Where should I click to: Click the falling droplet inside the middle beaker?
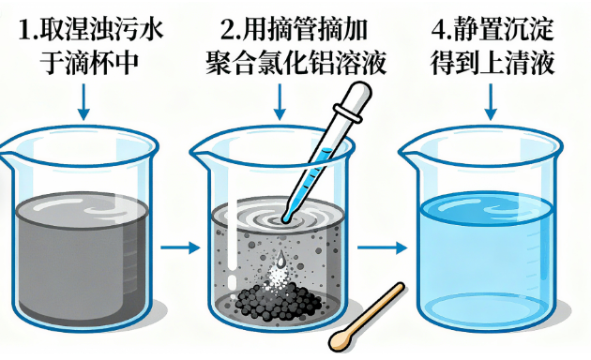(x=280, y=258)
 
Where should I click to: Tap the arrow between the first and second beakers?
(x=180, y=247)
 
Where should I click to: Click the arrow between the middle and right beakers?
(x=382, y=247)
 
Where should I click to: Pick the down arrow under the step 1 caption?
(x=83, y=101)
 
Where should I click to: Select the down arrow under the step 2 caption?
(x=280, y=101)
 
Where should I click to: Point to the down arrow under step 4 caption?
(x=491, y=101)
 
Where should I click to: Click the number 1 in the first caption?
(x=25, y=30)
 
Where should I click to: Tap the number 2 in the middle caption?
(x=228, y=30)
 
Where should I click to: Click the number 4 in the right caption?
(x=439, y=30)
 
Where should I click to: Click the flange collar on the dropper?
(x=347, y=113)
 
